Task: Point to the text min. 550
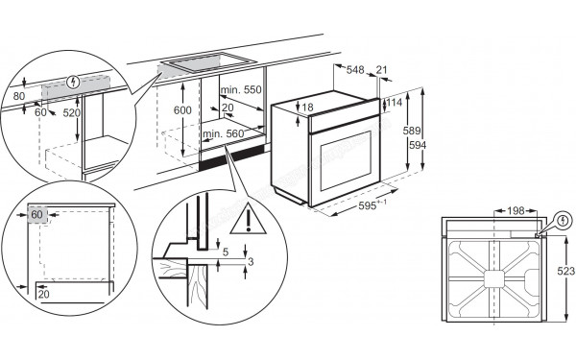[x=241, y=88]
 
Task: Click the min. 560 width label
[x=223, y=133]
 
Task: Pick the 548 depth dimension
[x=355, y=70]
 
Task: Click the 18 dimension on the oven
[x=307, y=108]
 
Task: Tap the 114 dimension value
[x=393, y=104]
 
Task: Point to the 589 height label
[x=410, y=130]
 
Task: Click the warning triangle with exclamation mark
[x=250, y=221]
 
